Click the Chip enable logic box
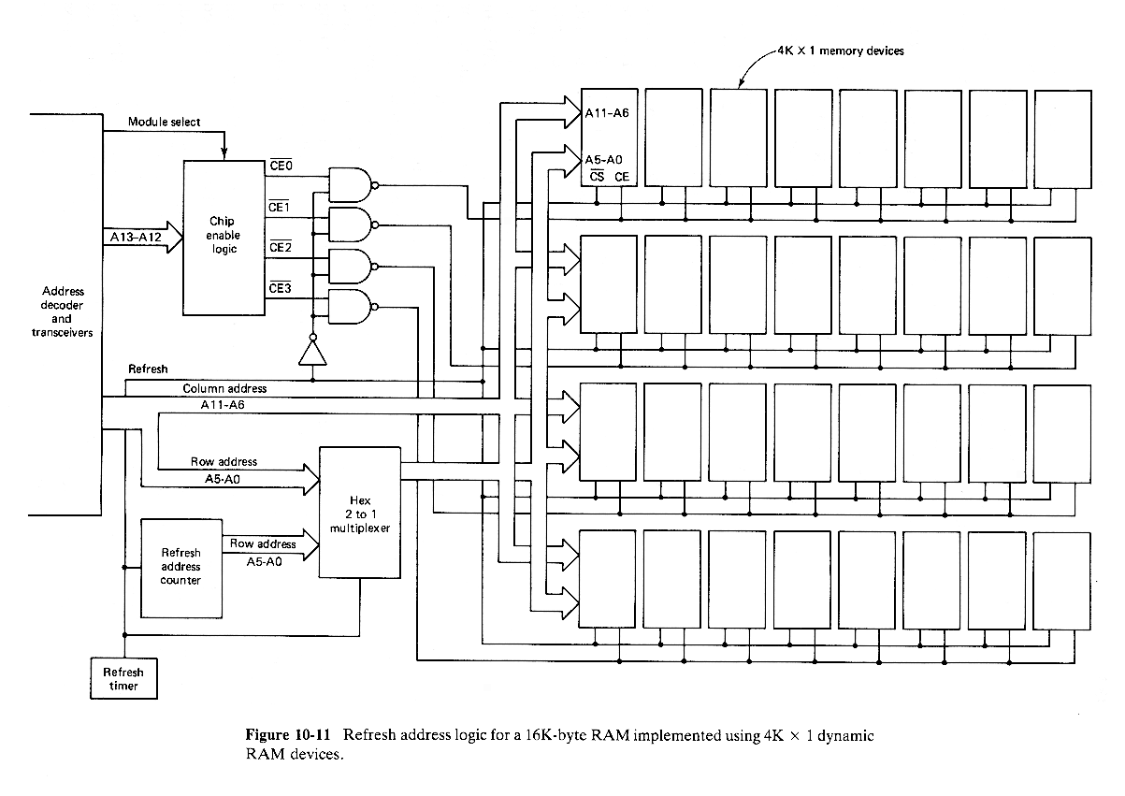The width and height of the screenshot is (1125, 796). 224,237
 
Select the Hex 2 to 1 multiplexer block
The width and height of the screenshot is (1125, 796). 359,513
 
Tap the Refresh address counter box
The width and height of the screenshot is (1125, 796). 180,567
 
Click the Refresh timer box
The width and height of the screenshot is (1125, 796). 123,679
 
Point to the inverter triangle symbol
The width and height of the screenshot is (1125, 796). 310,354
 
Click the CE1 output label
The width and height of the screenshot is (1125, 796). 280,207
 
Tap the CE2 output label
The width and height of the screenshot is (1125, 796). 280,248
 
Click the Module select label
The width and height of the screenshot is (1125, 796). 164,123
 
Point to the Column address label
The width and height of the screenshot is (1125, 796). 224,388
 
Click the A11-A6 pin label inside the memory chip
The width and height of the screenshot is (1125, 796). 608,112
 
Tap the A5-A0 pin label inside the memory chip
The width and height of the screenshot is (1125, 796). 605,159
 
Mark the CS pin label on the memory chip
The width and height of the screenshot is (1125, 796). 595,176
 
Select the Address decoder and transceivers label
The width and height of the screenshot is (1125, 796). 63,311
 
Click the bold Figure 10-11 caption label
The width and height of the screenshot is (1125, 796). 286,735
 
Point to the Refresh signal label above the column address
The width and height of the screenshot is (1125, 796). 148,369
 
